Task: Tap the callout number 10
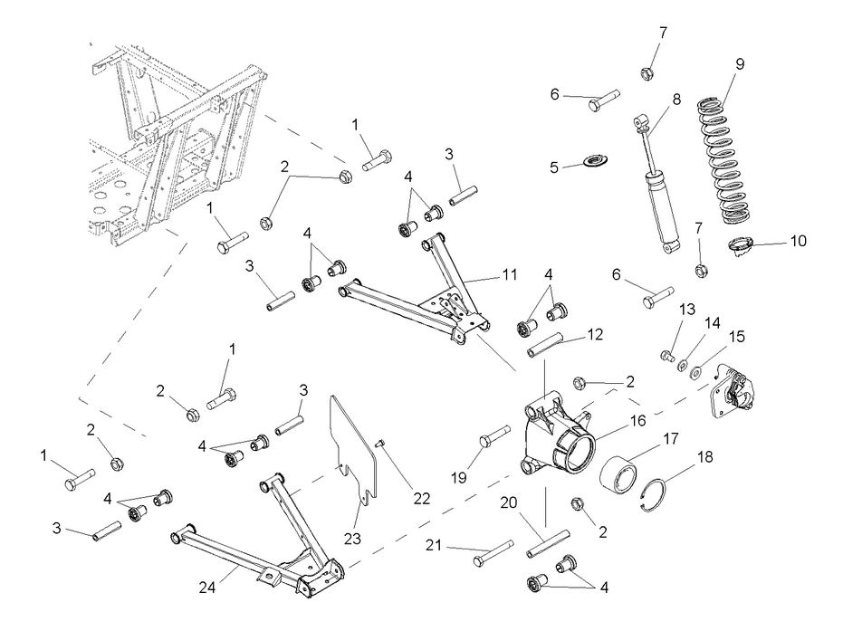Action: [x=798, y=242]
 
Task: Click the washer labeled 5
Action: [x=593, y=163]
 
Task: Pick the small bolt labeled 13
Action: [x=668, y=356]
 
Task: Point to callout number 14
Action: [x=713, y=321]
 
